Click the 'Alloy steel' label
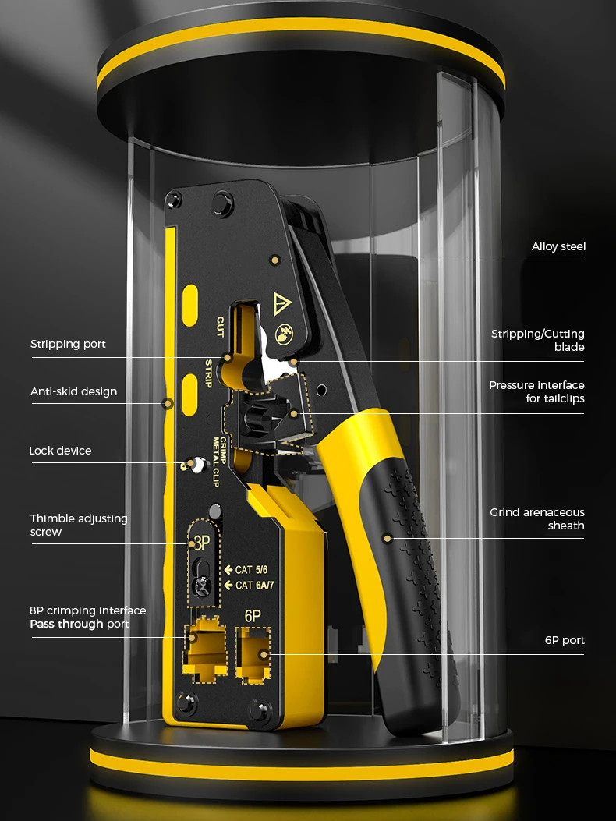click(x=558, y=246)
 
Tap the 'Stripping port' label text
click(x=68, y=344)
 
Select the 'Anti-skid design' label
click(x=73, y=391)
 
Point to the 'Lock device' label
click(x=60, y=451)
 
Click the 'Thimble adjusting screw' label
click(x=79, y=525)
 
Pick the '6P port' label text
click(x=565, y=640)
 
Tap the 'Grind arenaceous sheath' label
click(x=537, y=518)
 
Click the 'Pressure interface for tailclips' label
click(x=536, y=391)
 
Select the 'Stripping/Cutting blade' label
click(x=537, y=340)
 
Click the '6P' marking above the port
click(x=253, y=615)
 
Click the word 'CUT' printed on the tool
click(x=220, y=325)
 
